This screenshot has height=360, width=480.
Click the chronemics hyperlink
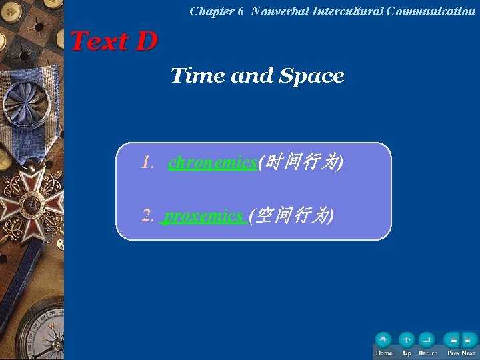(x=213, y=162)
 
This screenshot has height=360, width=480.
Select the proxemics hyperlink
(x=204, y=215)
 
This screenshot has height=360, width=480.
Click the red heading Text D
(x=113, y=41)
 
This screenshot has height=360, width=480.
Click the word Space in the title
(x=312, y=76)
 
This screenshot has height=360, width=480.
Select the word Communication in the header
(x=431, y=11)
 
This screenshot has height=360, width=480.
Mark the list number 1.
(x=147, y=163)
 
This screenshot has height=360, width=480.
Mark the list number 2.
(x=147, y=216)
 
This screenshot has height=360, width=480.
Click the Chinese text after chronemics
(x=301, y=162)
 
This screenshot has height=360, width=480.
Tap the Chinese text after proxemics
(x=291, y=215)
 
